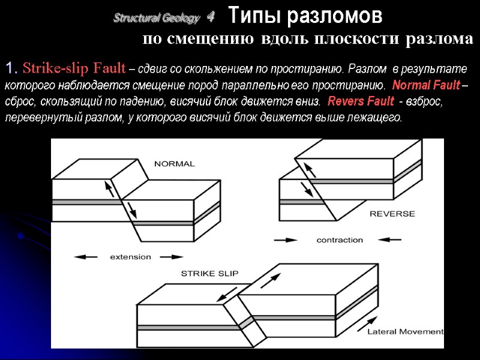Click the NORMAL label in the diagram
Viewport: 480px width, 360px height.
(175, 164)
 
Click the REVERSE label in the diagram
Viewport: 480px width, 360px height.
(392, 214)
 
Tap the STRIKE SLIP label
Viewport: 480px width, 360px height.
(209, 274)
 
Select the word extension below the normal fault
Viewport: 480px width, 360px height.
(130, 257)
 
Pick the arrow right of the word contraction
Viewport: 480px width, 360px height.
(393, 240)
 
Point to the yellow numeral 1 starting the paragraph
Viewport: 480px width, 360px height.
(10, 66)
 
